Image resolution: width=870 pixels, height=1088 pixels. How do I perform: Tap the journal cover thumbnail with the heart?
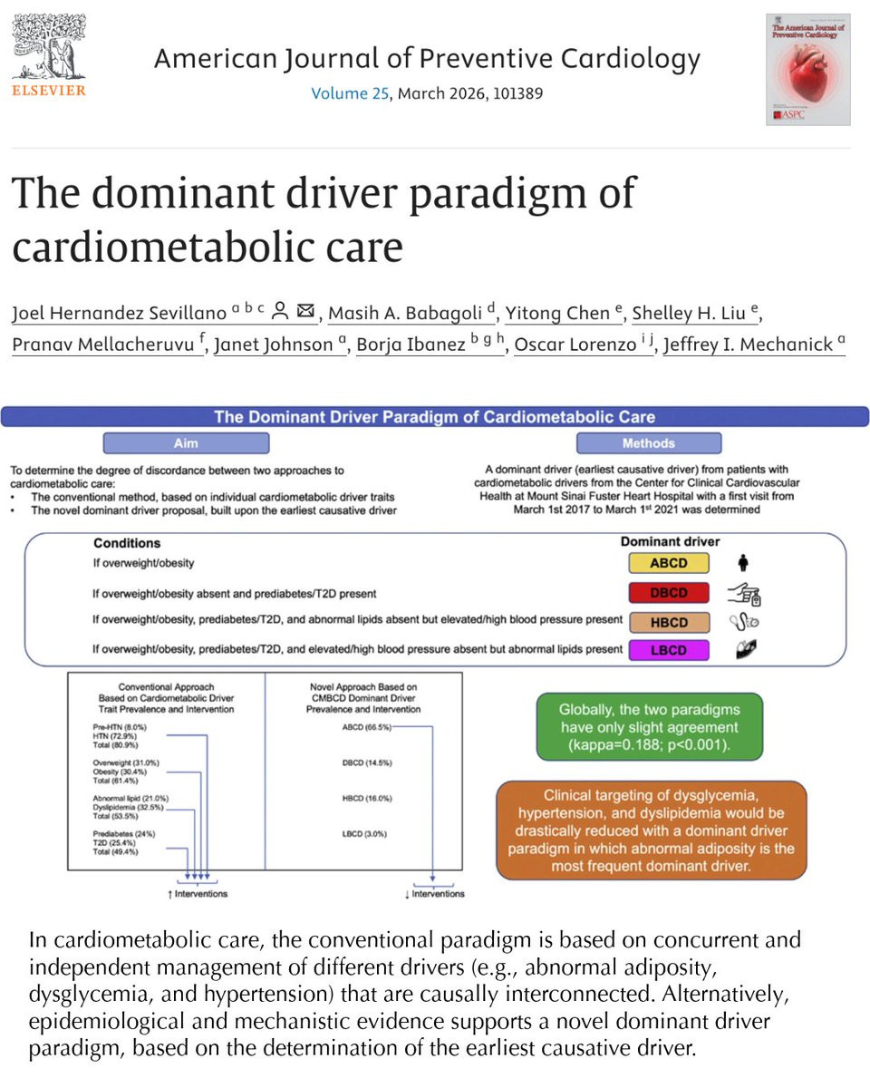coord(807,69)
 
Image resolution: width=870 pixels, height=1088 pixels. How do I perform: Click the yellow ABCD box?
coord(669,563)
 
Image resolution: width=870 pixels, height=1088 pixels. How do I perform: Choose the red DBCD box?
coord(669,593)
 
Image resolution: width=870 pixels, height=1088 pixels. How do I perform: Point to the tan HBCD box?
coord(669,622)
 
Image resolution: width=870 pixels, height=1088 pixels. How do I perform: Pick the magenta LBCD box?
coord(669,650)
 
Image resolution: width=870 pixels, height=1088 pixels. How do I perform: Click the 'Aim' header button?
coord(186,443)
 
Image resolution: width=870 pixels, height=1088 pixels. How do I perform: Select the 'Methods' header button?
coord(648,443)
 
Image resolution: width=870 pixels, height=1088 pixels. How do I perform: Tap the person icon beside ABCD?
coord(743,563)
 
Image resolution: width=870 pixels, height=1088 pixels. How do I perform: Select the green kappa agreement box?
coord(648,726)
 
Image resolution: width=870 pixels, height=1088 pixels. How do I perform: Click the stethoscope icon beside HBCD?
coord(743,622)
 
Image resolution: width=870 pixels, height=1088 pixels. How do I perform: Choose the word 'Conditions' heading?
coord(127,543)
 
